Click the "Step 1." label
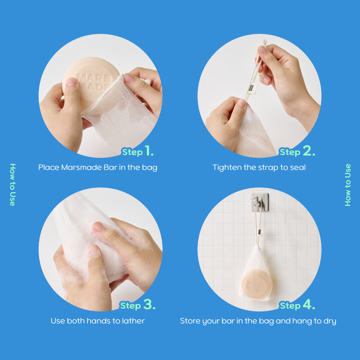[x=138, y=151]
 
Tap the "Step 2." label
[x=297, y=151]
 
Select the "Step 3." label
[x=138, y=304]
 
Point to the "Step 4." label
[x=297, y=304]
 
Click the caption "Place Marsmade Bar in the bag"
[x=98, y=167]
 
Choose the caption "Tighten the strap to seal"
[x=259, y=167]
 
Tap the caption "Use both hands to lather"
[x=98, y=321]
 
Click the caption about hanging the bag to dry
[x=258, y=321]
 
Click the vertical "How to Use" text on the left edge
[x=13, y=185]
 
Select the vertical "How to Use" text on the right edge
[x=348, y=185]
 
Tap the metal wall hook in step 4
[x=260, y=202]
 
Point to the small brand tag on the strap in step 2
[x=252, y=88]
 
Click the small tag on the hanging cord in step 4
[x=260, y=232]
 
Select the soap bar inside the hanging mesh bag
[x=257, y=284]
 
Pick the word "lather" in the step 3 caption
[x=134, y=321]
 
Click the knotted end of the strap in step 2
[x=264, y=43]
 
